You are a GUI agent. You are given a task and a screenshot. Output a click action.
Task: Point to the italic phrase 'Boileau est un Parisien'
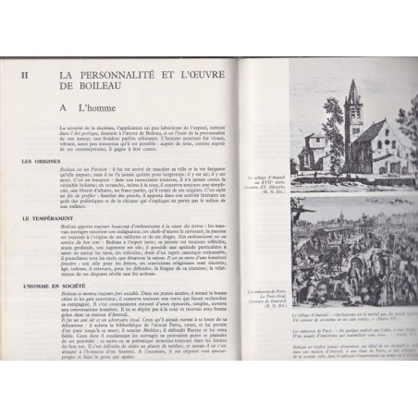coord(79,172)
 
